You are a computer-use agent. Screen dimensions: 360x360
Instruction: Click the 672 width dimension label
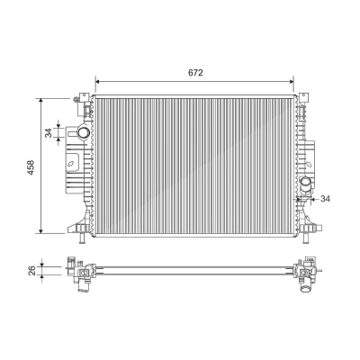(x=195, y=73)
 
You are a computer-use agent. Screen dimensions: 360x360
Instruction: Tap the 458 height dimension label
(x=31, y=167)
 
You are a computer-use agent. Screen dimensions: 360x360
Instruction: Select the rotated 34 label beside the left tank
(x=48, y=132)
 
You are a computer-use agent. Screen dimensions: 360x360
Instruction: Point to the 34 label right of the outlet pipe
(x=325, y=199)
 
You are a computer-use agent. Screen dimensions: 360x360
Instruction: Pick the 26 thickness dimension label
(x=32, y=270)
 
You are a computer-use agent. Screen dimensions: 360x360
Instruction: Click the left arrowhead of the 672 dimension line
(x=97, y=81)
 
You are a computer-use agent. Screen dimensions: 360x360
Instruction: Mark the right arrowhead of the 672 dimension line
(x=292, y=81)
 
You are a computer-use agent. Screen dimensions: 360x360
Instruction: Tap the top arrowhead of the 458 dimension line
(x=41, y=101)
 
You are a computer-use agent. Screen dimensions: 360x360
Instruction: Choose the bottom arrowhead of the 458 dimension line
(x=41, y=230)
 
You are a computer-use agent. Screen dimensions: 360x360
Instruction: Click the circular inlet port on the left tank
(x=83, y=132)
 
